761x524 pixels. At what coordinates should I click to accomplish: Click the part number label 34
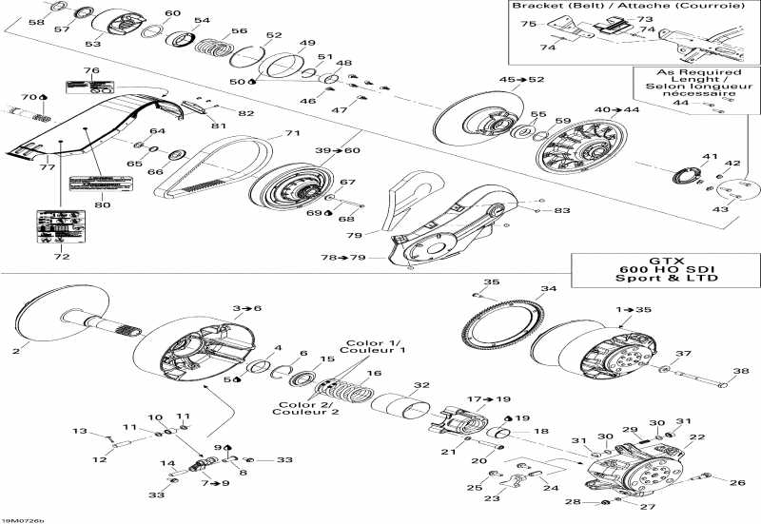548,289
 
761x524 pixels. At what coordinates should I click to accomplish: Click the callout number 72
61,257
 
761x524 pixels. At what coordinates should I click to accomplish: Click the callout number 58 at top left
35,22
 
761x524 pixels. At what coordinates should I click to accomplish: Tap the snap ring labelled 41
690,176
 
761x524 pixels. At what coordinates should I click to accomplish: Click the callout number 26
738,483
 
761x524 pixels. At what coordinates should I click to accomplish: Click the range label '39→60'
338,151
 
